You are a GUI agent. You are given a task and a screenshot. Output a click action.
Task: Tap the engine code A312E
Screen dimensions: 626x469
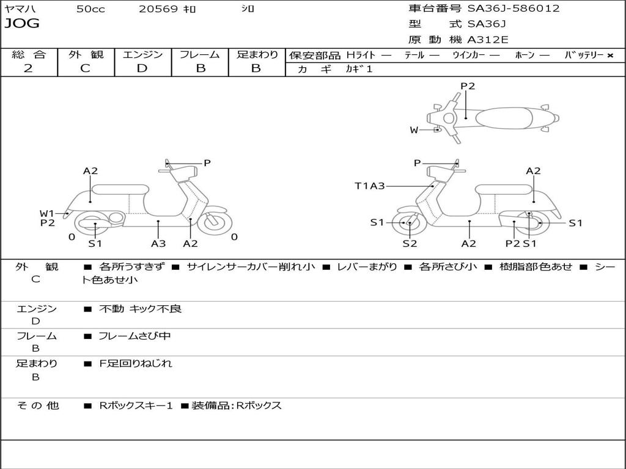point(488,40)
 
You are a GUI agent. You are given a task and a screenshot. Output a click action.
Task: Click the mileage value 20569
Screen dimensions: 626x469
point(158,9)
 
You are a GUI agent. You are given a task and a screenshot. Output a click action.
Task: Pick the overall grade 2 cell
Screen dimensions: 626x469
point(28,68)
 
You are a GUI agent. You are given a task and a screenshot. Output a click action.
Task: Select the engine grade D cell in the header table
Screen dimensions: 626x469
point(142,68)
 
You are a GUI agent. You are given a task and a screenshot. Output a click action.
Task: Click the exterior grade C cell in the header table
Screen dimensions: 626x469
point(85,68)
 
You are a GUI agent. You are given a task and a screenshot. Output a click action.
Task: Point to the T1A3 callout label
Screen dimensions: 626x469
point(370,186)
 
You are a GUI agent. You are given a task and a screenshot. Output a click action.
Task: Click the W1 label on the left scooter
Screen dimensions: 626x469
point(47,213)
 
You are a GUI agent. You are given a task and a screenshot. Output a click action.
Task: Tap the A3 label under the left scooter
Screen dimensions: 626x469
point(158,244)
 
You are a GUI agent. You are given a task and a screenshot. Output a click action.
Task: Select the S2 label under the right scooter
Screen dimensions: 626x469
point(410,244)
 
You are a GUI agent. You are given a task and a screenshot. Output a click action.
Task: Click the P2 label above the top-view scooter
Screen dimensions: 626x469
point(468,86)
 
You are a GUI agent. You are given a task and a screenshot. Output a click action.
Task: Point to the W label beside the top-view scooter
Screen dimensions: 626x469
point(414,130)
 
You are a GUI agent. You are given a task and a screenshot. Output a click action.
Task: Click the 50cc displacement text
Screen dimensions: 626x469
point(90,9)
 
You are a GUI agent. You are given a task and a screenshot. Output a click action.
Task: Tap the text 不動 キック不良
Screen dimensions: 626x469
point(141,309)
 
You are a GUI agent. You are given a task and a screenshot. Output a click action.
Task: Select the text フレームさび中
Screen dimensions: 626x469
point(135,336)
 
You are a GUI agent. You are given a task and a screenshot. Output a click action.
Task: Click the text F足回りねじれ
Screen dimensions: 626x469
point(136,363)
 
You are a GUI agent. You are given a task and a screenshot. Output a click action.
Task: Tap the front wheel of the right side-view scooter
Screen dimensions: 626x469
point(408,224)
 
